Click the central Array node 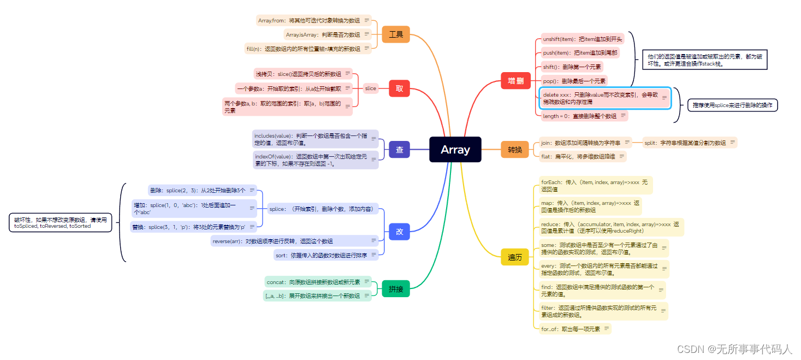tap(455, 150)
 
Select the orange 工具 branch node tap(396, 34)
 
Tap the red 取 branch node tap(399, 88)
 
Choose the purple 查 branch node tap(399, 150)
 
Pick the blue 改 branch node tap(399, 232)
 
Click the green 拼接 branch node tap(396, 288)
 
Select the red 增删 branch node tap(515, 81)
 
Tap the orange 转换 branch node tap(515, 150)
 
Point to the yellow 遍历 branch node tap(515, 257)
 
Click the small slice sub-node tap(371, 88)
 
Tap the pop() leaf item tap(573, 81)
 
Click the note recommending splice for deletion tap(732, 105)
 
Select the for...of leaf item tap(571, 329)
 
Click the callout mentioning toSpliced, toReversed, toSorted tap(60, 222)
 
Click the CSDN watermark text tap(734, 349)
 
